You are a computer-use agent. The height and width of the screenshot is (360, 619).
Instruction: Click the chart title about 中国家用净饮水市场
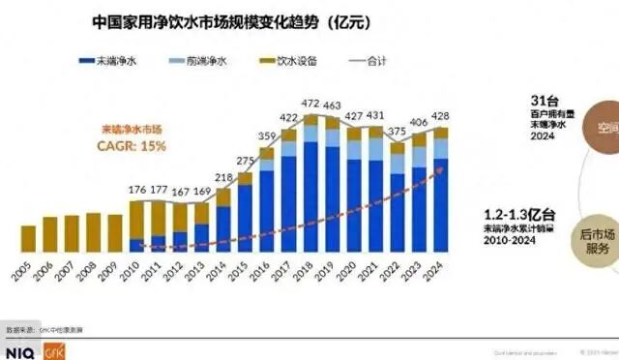click(x=229, y=19)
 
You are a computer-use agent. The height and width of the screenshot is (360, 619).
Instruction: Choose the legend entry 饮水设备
click(x=287, y=61)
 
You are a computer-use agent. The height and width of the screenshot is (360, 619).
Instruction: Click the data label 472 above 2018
click(x=310, y=103)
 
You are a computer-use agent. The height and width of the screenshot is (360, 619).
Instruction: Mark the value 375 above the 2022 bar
click(x=397, y=133)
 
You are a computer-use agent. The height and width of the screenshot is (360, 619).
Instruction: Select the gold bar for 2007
click(x=72, y=233)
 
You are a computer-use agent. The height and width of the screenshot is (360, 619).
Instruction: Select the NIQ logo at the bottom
click(x=19, y=352)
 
